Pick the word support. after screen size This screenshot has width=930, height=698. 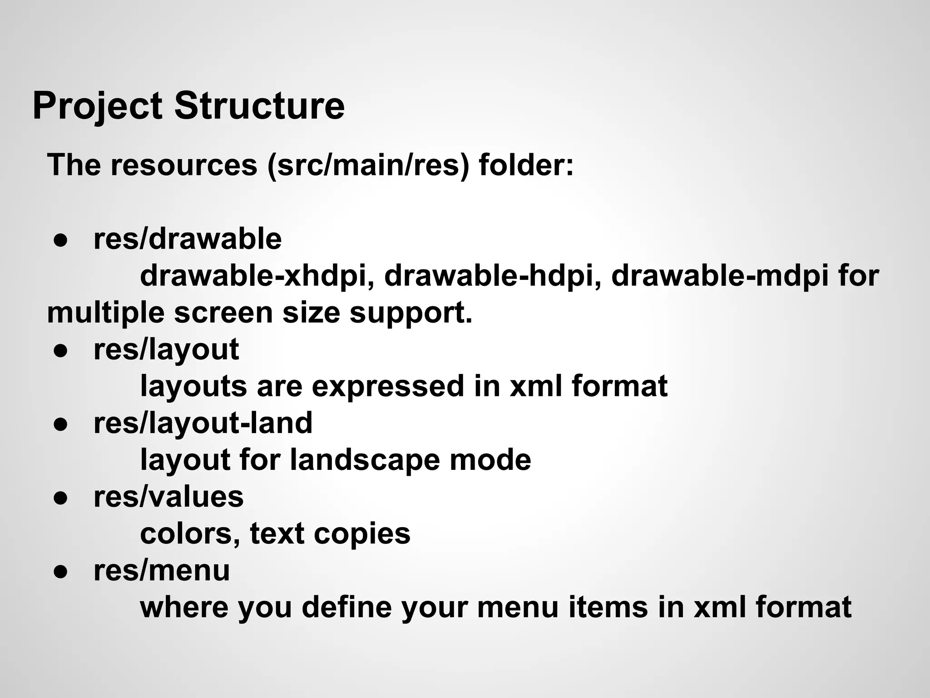click(x=411, y=314)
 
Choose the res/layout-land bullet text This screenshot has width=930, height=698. click(x=203, y=423)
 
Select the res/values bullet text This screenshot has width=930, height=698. click(x=168, y=497)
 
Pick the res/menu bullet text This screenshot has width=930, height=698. click(x=162, y=571)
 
